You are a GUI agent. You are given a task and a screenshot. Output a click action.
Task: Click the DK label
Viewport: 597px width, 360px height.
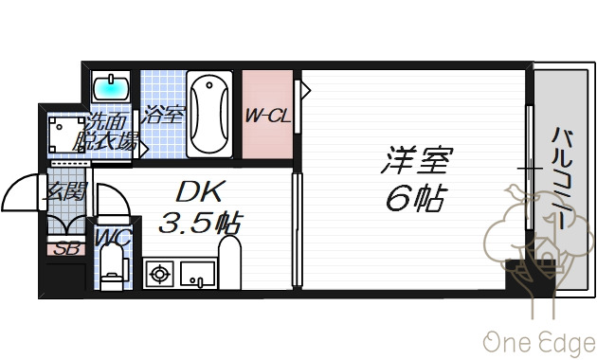(199, 192)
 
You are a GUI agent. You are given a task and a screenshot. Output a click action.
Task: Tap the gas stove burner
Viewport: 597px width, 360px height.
(158, 275)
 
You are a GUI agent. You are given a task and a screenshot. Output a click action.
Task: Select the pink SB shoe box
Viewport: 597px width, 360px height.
(66, 250)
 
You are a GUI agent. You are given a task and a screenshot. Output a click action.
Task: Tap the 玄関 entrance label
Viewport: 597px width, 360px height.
(65, 190)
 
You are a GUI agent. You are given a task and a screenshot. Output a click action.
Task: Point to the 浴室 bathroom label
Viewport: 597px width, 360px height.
(162, 116)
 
